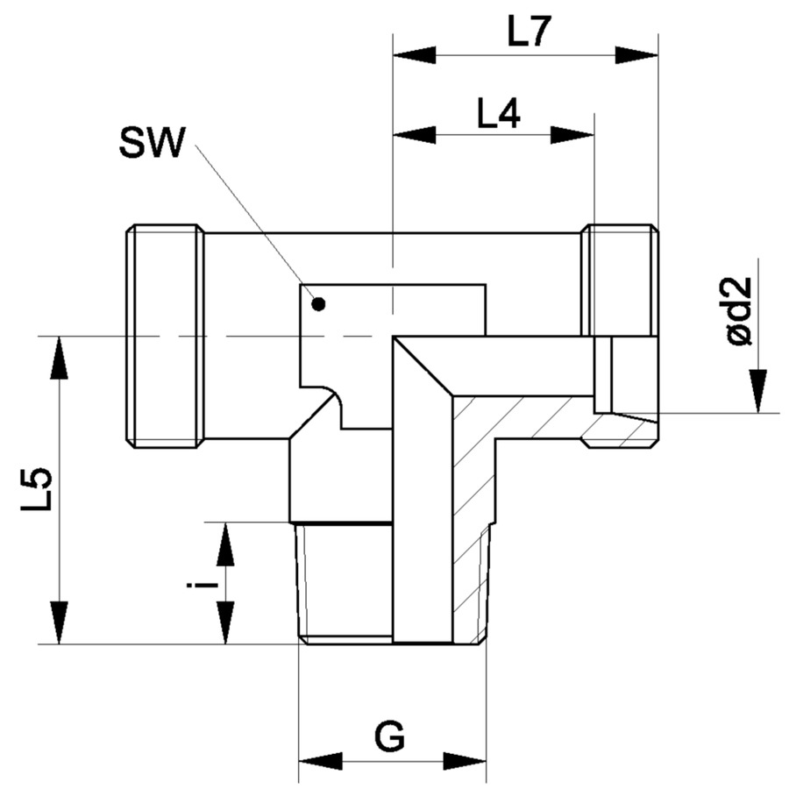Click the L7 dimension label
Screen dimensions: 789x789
tap(526, 32)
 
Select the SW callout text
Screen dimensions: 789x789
tap(152, 142)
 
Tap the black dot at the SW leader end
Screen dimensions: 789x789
tap(318, 304)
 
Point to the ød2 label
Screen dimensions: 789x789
tap(739, 311)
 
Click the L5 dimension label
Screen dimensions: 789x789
tap(36, 489)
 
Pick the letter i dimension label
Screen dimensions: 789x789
tap(203, 586)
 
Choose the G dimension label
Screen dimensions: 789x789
tap(389, 737)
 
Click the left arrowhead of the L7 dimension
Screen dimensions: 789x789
tap(414, 55)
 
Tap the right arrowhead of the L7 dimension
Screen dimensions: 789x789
tap(636, 55)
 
